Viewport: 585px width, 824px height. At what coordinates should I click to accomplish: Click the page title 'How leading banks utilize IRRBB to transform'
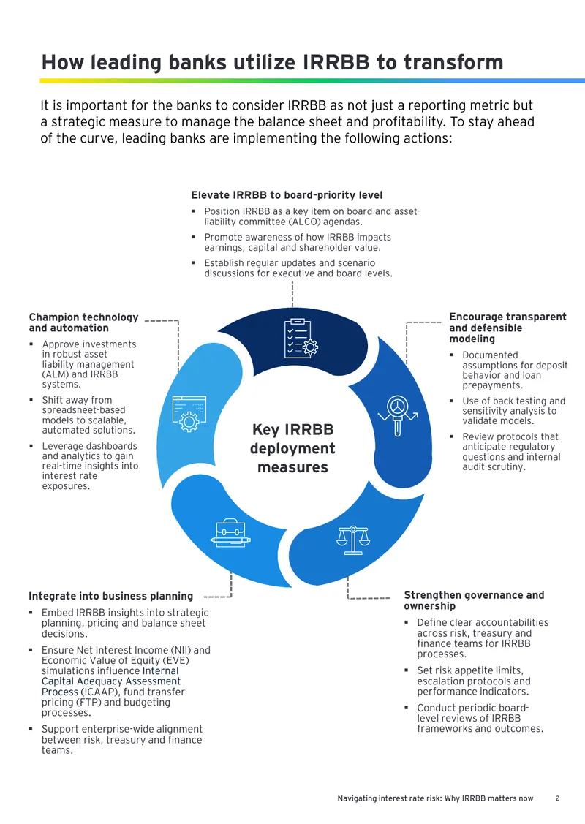coord(272,62)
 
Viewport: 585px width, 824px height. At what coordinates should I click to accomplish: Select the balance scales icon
coord(353,540)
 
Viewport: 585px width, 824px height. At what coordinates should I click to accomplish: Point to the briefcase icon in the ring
coord(230,533)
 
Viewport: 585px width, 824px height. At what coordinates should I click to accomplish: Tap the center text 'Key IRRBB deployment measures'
coord(292,448)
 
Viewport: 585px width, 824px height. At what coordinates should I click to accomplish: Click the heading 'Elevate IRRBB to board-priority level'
coord(287,195)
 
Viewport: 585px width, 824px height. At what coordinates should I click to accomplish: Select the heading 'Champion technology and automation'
coord(83,322)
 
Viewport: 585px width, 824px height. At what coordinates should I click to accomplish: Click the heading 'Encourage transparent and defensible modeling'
coord(507,328)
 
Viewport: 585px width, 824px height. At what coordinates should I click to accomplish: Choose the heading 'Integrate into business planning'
coord(111,596)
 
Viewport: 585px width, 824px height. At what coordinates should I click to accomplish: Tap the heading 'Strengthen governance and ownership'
coord(474,600)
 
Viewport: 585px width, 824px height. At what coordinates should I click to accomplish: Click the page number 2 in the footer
coord(558,798)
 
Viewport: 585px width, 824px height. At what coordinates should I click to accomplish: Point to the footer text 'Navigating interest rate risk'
coord(388,798)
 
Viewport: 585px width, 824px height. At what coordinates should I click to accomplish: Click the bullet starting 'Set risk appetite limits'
coord(474,681)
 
